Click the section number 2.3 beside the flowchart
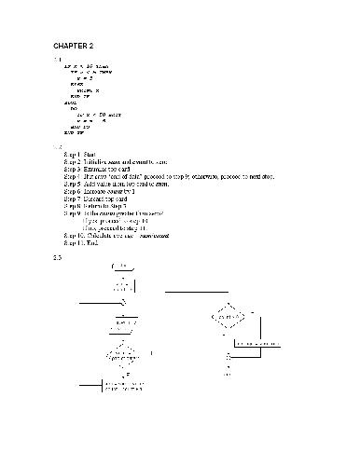coord(58,256)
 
